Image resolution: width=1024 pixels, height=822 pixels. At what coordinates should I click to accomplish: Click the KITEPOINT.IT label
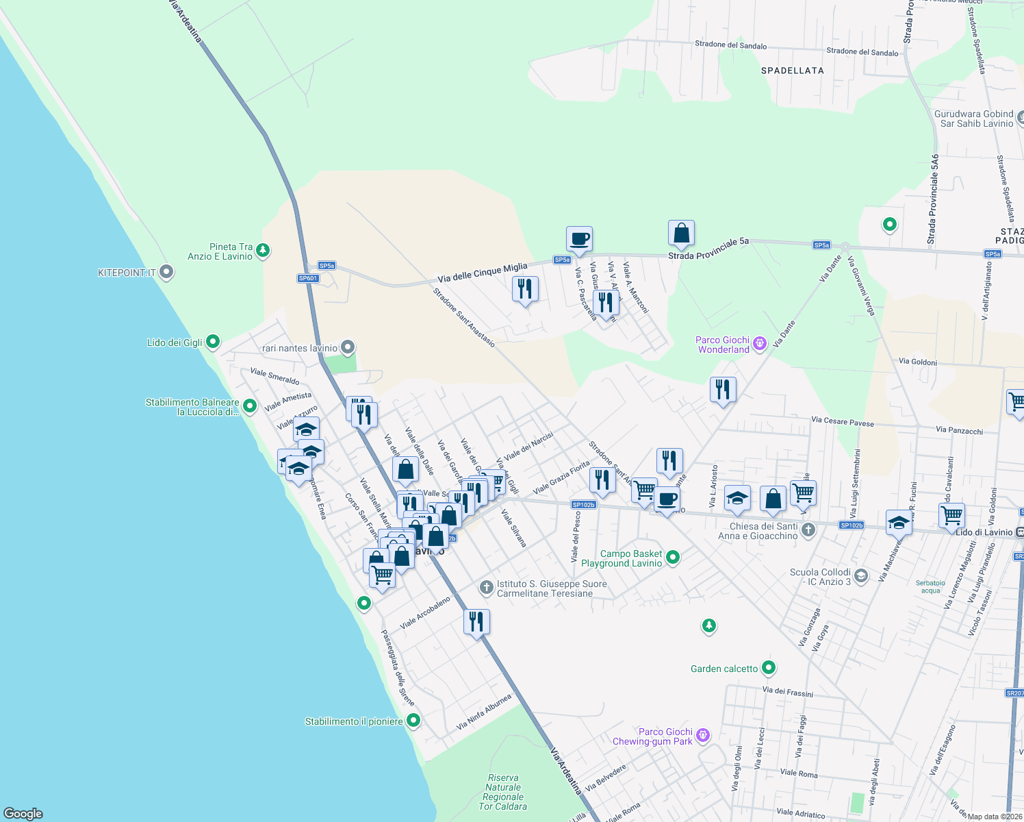127,273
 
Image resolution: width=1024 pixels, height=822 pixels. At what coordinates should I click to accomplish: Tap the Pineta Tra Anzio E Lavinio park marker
263,251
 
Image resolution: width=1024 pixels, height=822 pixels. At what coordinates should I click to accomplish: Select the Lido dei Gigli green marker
213,341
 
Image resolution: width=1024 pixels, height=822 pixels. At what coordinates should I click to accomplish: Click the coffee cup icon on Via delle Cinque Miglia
579,239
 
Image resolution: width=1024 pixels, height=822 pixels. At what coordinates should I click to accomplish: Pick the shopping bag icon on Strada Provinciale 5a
681,233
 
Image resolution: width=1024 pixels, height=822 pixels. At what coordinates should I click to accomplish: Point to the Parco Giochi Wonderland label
723,345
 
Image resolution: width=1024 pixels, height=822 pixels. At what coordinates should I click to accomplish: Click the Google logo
23,813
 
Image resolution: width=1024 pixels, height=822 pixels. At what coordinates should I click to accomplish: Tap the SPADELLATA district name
792,71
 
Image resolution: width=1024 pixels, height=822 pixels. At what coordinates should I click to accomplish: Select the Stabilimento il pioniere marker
413,721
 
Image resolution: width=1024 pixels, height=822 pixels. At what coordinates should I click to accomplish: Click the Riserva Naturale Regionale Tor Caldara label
503,792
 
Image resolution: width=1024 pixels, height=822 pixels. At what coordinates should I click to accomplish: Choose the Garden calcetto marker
769,667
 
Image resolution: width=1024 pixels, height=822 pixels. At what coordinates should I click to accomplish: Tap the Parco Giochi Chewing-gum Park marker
703,736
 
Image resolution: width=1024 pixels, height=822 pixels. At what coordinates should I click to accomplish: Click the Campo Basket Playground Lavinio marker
673,558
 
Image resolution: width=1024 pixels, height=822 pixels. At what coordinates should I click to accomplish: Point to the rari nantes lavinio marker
348,347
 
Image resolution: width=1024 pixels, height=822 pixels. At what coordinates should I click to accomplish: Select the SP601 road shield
308,278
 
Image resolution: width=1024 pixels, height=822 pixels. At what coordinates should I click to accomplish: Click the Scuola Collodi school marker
861,576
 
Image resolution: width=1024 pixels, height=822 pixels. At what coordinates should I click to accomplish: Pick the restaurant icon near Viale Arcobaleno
476,621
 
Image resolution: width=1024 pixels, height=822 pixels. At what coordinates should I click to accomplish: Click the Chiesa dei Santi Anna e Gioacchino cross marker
808,530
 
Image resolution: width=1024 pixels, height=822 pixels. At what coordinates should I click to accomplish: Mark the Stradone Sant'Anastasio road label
463,317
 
